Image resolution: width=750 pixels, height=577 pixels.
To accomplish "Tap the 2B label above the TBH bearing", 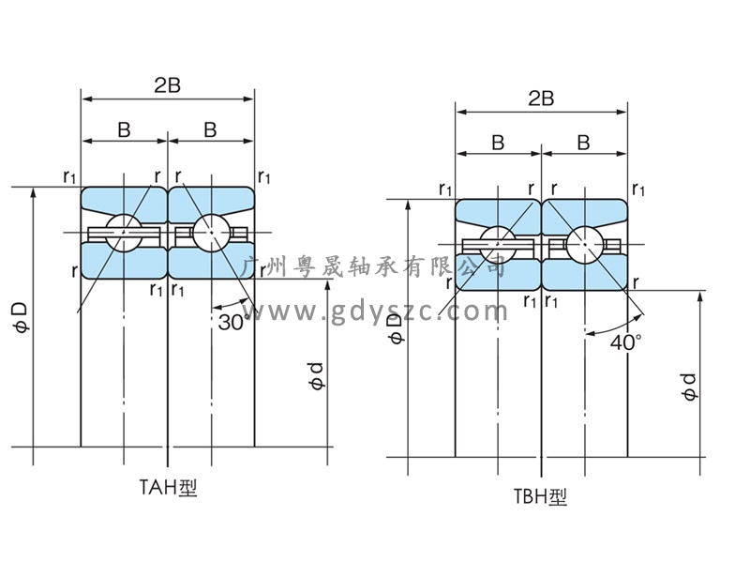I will [541, 99].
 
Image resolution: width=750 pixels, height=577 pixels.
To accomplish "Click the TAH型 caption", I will [169, 487].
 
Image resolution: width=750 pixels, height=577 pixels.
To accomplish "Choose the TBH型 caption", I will [540, 497].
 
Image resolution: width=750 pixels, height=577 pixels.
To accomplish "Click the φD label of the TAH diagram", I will [20, 316].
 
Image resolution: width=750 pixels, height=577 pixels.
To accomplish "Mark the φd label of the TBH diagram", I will [690, 386].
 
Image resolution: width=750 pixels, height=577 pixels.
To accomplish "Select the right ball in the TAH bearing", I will [211, 232].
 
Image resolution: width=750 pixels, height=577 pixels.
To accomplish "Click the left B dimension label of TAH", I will [124, 130].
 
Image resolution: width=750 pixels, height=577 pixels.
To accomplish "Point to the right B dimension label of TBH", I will [583, 143].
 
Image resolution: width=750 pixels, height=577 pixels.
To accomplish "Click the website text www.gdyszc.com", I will [375, 310].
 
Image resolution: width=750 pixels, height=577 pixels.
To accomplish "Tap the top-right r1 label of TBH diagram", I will [638, 189].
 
